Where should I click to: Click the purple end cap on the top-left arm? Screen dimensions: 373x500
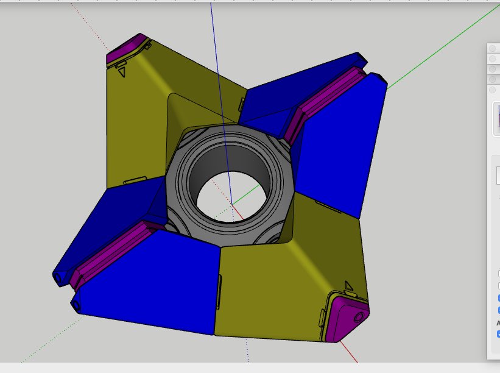tap(128, 49)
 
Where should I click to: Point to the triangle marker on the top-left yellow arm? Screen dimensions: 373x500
tap(122, 72)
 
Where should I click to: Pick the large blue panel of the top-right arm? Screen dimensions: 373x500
tap(341, 146)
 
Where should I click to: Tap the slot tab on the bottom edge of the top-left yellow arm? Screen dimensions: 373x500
tap(135, 180)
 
